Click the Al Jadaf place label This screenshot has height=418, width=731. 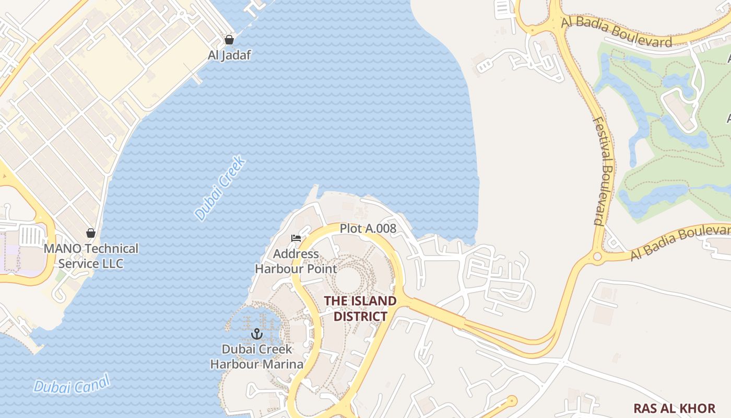[x=229, y=55]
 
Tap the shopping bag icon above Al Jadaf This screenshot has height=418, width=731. [x=229, y=40]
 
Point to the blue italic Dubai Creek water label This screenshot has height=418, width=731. [x=220, y=188]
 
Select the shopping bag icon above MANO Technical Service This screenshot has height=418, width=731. [x=91, y=233]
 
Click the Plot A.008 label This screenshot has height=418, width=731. [x=368, y=228]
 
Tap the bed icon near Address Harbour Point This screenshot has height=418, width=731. [x=296, y=238]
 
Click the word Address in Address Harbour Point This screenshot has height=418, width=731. [x=296, y=254]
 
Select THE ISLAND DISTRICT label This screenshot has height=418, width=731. [x=360, y=309]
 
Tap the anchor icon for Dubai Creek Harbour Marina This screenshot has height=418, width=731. [x=256, y=333]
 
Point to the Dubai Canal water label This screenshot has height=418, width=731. [x=72, y=384]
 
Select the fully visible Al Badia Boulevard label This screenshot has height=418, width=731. [x=616, y=31]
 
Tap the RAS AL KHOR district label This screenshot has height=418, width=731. [x=674, y=408]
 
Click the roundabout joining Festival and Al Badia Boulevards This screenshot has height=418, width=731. [x=597, y=257]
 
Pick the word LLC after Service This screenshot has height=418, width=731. [x=113, y=263]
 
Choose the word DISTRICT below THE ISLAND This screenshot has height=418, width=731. [x=360, y=317]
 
